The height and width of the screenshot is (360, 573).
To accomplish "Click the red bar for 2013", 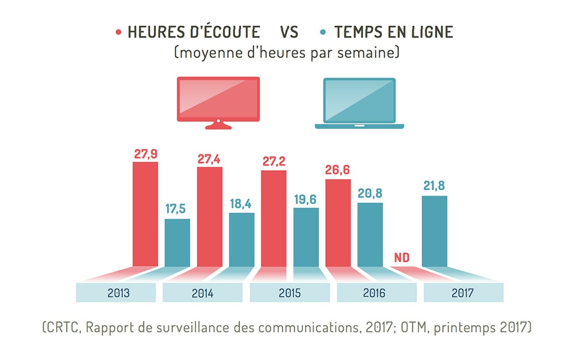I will point(145,214).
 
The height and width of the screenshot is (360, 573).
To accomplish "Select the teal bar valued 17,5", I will point(177,243).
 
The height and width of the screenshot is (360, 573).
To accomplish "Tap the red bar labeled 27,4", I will point(210,217).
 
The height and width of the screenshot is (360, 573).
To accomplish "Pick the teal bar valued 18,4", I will point(242,239).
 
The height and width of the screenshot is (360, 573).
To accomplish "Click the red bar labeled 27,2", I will point(274,218).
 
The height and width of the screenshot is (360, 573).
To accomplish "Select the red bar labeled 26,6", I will point(338,223).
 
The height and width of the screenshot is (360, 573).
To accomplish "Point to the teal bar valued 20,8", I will point(370,235).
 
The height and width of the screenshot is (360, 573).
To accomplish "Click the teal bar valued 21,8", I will point(434,231).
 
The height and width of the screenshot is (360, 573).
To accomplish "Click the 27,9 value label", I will point(146,153).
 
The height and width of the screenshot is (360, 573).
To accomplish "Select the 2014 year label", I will point(202,293).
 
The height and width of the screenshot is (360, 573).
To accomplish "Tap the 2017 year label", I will point(462,293).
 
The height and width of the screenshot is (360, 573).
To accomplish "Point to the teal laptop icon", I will point(359,103).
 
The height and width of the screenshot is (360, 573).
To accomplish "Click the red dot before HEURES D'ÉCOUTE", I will point(118,32).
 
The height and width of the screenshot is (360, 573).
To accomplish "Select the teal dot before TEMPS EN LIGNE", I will point(324,32).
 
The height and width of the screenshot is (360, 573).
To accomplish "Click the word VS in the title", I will point(289,32).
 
